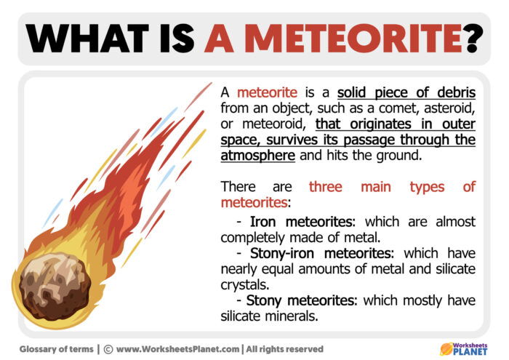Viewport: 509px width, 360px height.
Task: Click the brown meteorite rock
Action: [48, 279]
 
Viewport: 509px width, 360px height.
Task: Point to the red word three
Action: [325, 188]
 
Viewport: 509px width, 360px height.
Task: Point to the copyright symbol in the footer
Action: [108, 348]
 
